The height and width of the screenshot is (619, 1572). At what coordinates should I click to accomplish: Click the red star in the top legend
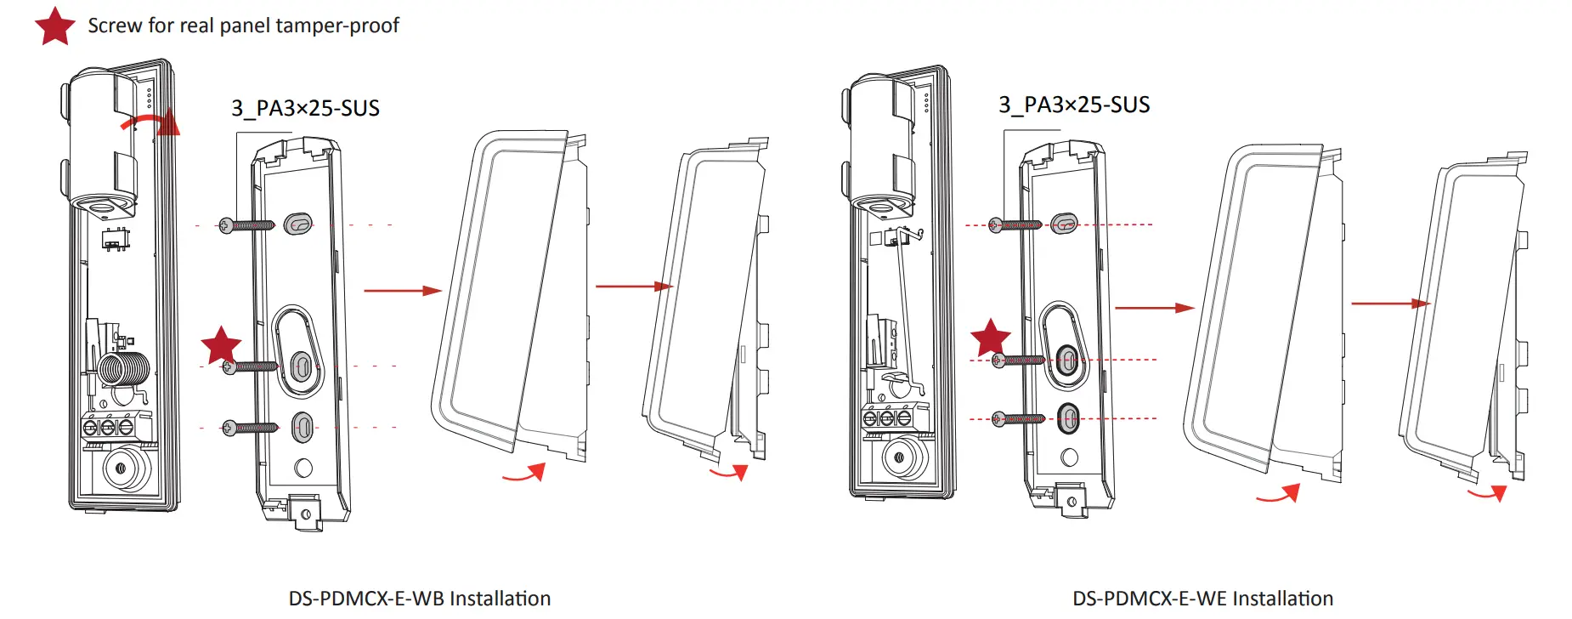click(55, 26)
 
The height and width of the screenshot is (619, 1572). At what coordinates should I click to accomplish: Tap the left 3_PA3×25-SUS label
click(305, 109)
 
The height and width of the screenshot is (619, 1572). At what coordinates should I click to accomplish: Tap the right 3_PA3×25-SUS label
click(1074, 105)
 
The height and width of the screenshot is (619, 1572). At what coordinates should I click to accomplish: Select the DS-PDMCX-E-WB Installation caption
click(419, 599)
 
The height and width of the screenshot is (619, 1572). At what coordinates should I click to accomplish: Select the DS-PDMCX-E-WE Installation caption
click(1202, 599)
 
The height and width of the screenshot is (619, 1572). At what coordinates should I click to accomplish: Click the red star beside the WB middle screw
click(221, 345)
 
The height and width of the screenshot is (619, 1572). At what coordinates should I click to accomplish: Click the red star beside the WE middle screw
click(990, 338)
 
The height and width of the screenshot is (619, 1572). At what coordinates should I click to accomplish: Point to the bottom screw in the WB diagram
click(250, 428)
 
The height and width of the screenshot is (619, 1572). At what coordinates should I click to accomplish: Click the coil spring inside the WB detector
click(124, 369)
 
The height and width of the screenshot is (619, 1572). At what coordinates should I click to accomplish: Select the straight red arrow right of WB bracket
click(403, 291)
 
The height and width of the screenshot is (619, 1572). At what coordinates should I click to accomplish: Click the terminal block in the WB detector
click(109, 426)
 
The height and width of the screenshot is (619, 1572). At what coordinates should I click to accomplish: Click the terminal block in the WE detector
click(887, 417)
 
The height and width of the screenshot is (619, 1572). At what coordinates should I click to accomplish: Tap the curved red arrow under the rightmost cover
click(1487, 493)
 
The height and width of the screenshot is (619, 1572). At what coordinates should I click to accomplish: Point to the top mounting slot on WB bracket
click(298, 224)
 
